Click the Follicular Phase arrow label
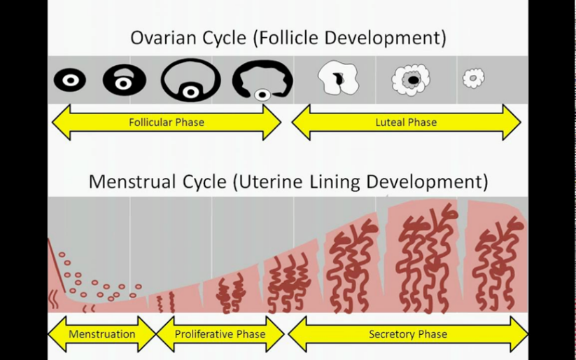(167, 123)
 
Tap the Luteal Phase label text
(406, 123)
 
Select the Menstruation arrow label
(101, 334)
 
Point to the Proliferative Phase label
(220, 334)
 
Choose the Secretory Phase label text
(408, 334)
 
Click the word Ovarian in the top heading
(160, 37)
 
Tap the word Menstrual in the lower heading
(126, 182)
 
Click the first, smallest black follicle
(70, 81)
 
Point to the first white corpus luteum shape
(338, 78)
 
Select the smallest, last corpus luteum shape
(474, 78)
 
